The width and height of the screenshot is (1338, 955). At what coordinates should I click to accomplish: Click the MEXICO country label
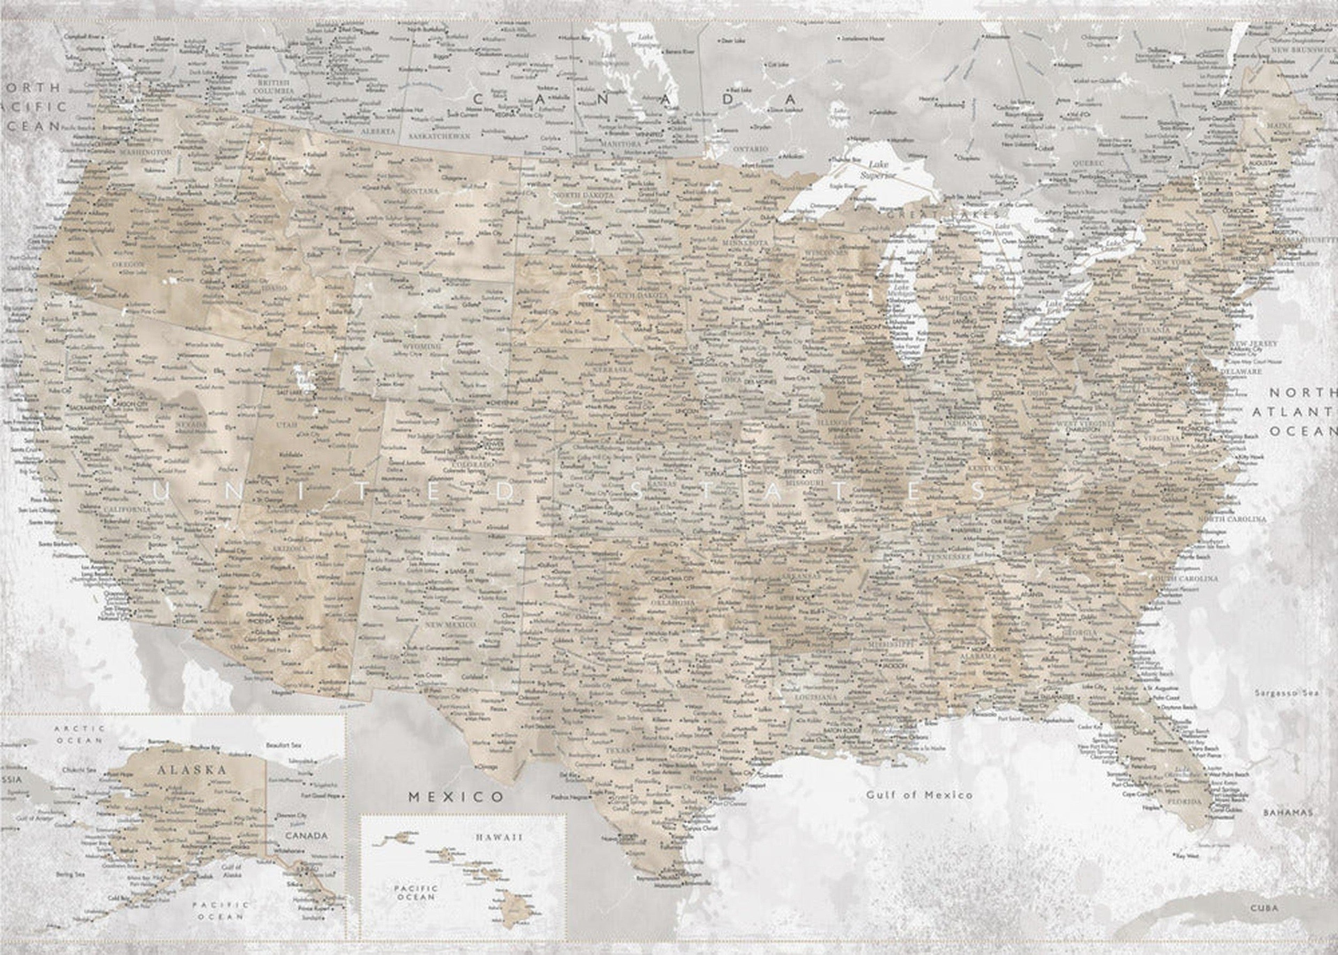tap(456, 797)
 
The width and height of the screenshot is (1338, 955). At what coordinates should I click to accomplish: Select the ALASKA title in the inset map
tap(191, 770)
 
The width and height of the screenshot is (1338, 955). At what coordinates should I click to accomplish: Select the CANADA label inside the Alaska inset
tap(306, 835)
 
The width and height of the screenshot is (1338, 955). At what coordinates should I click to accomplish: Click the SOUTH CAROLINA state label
tap(1184, 579)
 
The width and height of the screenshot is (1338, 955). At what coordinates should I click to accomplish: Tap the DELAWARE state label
tap(1241, 372)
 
